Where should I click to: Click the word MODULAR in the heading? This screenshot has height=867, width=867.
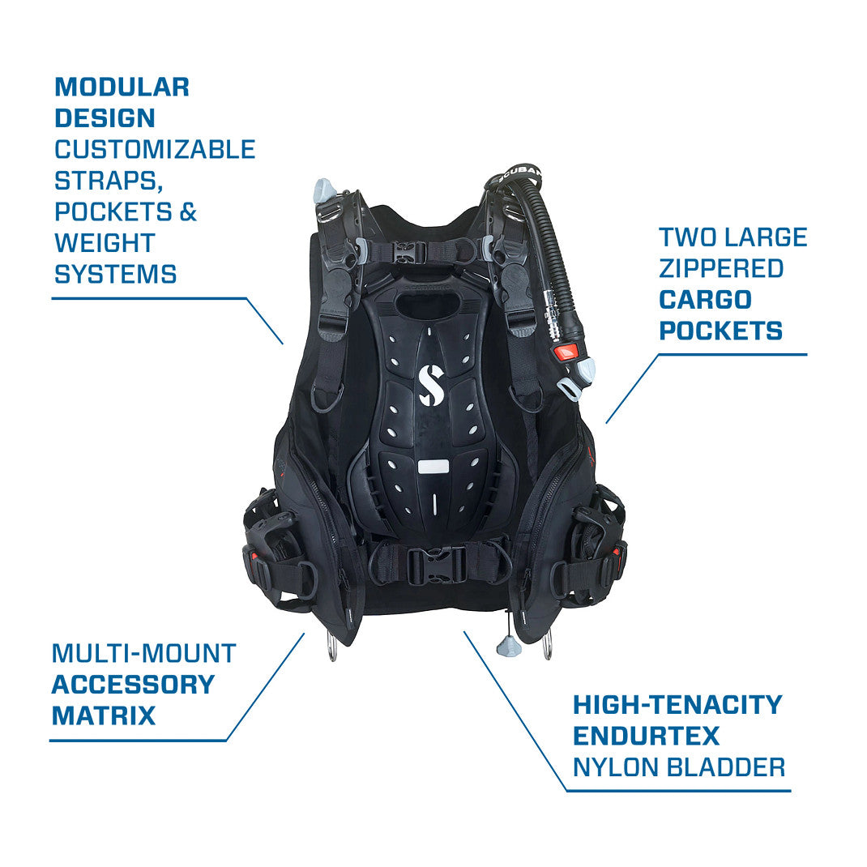pyautogui.click(x=122, y=87)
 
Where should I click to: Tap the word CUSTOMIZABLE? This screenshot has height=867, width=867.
pyautogui.click(x=155, y=149)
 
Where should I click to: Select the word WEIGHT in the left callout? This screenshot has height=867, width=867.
pyautogui.click(x=105, y=243)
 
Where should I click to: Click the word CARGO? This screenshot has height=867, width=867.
pyautogui.click(x=705, y=300)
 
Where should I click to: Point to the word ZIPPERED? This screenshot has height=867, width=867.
pyautogui.click(x=721, y=269)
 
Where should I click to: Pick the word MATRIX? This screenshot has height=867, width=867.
pyautogui.click(x=104, y=715)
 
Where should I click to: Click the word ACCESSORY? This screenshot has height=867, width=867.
pyautogui.click(x=133, y=685)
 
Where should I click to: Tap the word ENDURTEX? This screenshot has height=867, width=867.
pyautogui.click(x=646, y=736)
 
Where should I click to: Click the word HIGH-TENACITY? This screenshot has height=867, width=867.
pyautogui.click(x=677, y=705)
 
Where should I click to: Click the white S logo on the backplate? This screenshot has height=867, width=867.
pyautogui.click(x=430, y=384)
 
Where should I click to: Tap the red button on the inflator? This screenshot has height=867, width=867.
pyautogui.click(x=566, y=352)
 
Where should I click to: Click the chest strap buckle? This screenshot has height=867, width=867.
pyautogui.click(x=410, y=252)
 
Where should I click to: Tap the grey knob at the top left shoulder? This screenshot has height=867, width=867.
pyautogui.click(x=325, y=190)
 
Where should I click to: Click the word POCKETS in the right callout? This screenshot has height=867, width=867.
pyautogui.click(x=720, y=331)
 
